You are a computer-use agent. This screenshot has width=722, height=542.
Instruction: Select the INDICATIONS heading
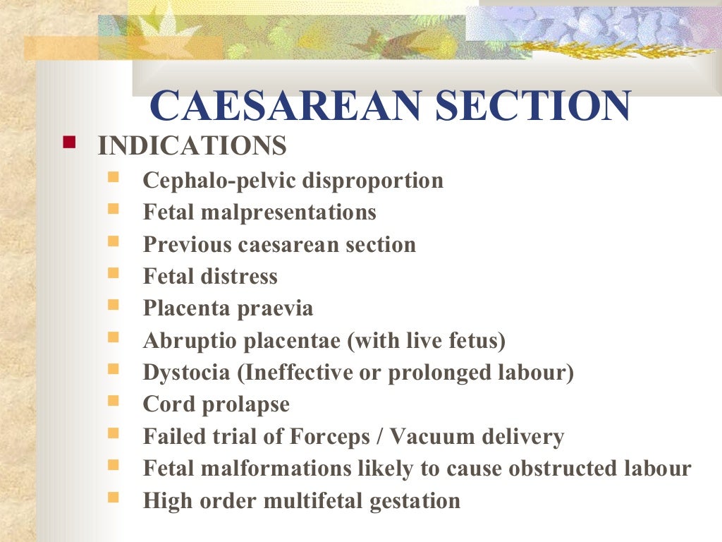click(192, 146)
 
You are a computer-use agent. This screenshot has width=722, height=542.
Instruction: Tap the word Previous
click(188, 245)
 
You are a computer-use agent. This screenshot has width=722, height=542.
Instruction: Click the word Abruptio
click(190, 342)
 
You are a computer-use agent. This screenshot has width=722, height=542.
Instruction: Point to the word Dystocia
click(188, 373)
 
